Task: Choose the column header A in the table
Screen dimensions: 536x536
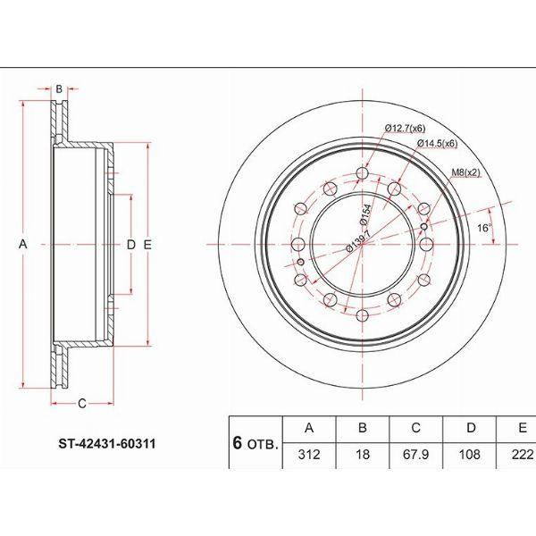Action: [308, 428]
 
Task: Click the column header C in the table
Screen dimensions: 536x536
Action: [413, 428]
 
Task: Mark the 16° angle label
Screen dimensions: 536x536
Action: [484, 228]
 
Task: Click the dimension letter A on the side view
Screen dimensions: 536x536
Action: [25, 243]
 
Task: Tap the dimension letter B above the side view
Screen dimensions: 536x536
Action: [59, 88]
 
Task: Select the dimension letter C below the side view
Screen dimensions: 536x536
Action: [80, 403]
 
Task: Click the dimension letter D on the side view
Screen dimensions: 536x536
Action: [130, 244]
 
